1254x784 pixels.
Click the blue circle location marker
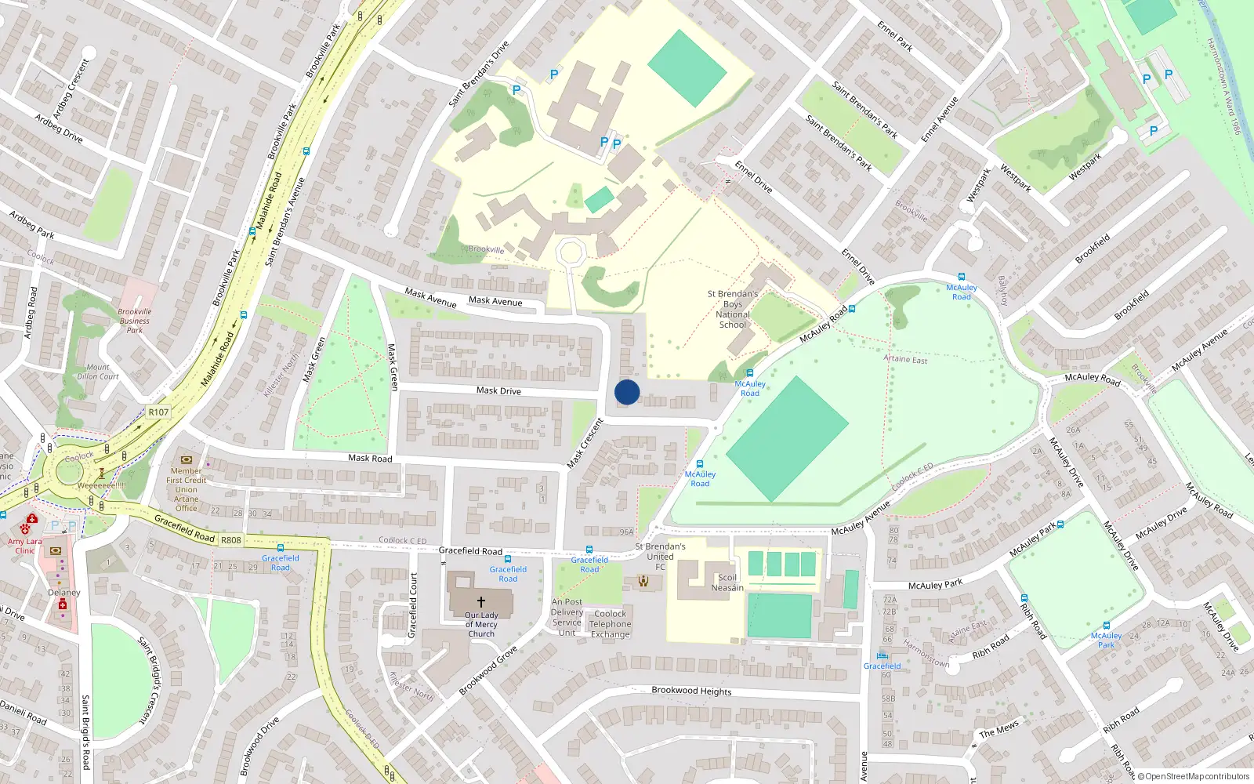pyautogui.click(x=627, y=392)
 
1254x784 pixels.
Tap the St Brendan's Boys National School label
pyautogui.click(x=733, y=309)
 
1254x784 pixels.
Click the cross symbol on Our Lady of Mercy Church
pyautogui.click(x=481, y=601)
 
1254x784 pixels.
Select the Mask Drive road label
pyautogui.click(x=498, y=390)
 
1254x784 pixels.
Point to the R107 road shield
pyautogui.click(x=158, y=412)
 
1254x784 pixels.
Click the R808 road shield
pyautogui.click(x=231, y=540)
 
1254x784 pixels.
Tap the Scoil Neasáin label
pyautogui.click(x=727, y=583)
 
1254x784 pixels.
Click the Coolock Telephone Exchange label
pyautogui.click(x=611, y=624)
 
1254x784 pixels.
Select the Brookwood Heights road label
pyautogui.click(x=691, y=691)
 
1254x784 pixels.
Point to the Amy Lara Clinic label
pyautogui.click(x=24, y=546)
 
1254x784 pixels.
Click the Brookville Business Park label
pyautogui.click(x=135, y=321)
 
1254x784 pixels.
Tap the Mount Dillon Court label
pyautogui.click(x=98, y=372)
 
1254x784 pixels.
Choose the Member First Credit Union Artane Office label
pyautogui.click(x=187, y=489)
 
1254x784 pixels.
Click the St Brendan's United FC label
pyautogui.click(x=660, y=556)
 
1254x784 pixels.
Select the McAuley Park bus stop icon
pyautogui.click(x=1106, y=625)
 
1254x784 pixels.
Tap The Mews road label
pyautogui.click(x=998, y=729)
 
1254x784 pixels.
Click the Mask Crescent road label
pyautogui.click(x=585, y=444)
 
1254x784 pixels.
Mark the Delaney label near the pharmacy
pyautogui.click(x=64, y=593)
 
